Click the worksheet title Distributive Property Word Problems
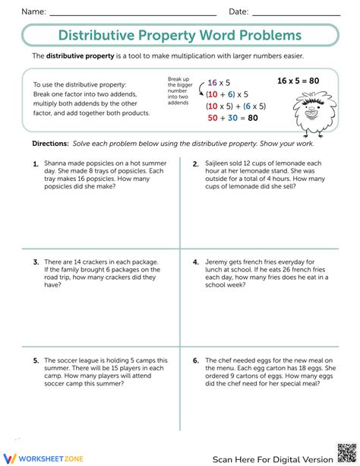180,35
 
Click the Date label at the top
238,11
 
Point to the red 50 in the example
213,118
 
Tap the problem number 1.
36,163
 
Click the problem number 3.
36,262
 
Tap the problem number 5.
36,360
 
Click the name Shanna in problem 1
56,163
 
